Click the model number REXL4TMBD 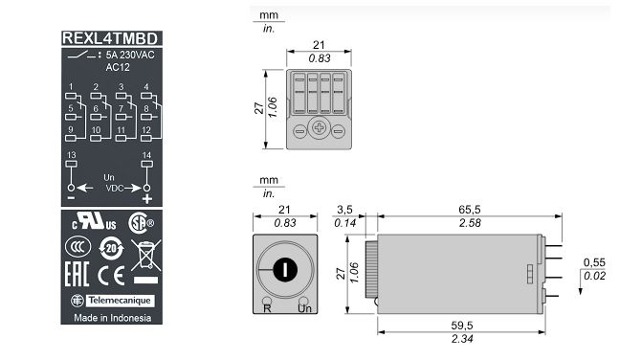pos(110,38)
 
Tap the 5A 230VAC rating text pos(130,55)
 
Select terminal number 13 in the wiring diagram pos(71,155)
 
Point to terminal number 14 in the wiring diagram pos(146,155)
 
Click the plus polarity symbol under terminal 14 pos(146,199)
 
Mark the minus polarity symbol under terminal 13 pos(71,198)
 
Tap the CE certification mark pos(111,276)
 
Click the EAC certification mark pos(77,274)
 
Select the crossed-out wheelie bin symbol pos(146,256)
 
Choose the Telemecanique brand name pos(120,301)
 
